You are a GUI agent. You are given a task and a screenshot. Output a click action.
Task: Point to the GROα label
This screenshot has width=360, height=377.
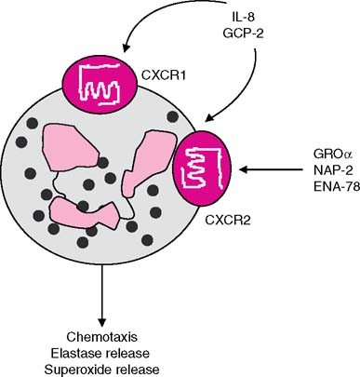point(327,151)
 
